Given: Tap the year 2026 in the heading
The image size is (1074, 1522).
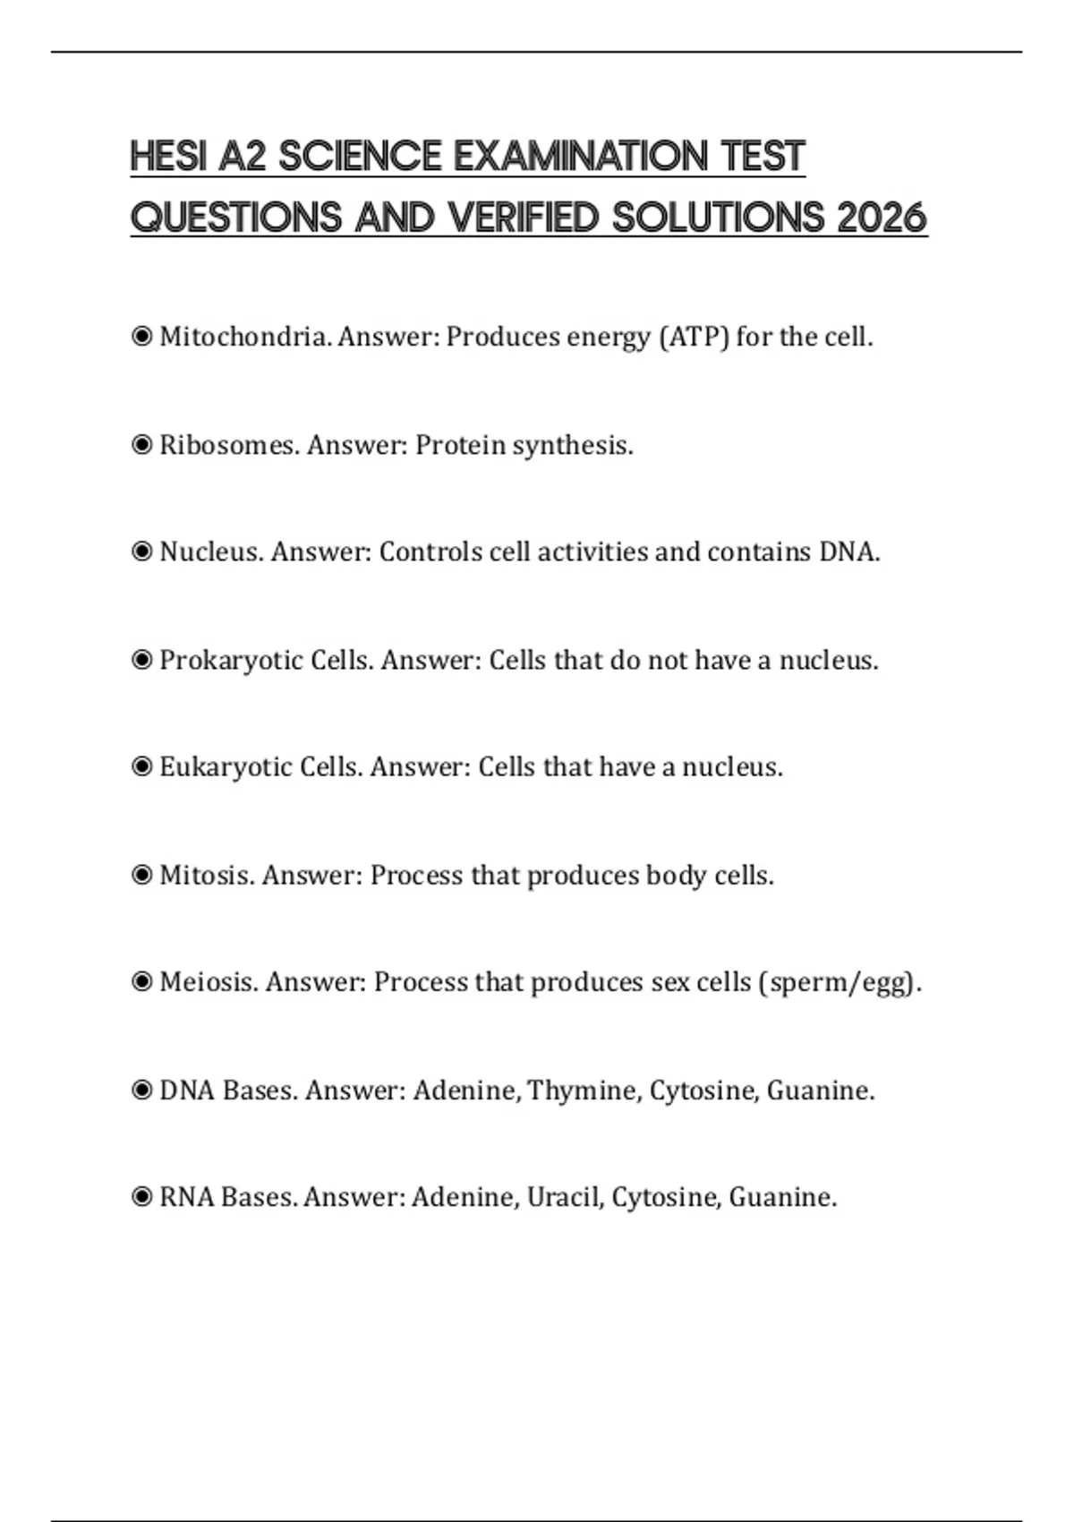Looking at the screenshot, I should click(882, 218).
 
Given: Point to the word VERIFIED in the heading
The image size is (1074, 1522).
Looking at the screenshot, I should click(522, 218).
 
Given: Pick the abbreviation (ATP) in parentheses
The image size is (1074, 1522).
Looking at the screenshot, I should click(694, 338).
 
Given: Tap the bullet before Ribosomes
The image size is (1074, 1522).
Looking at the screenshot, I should click(141, 445).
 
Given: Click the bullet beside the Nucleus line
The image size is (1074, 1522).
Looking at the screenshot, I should click(141, 552).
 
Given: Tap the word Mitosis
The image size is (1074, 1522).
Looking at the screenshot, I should click(206, 876).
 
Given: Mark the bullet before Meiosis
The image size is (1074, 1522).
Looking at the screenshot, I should click(141, 983).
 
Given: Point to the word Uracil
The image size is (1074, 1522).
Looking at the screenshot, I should click(563, 1198).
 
